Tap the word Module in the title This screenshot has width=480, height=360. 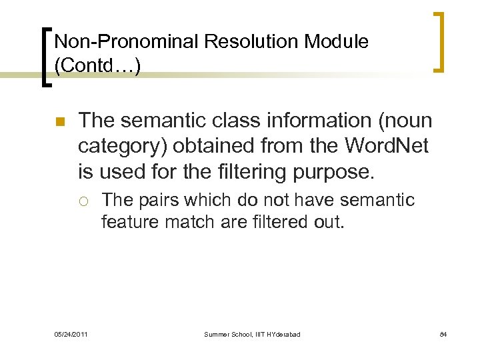[337, 42]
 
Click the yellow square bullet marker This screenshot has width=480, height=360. [59, 123]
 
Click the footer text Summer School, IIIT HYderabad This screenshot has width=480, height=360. [253, 333]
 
